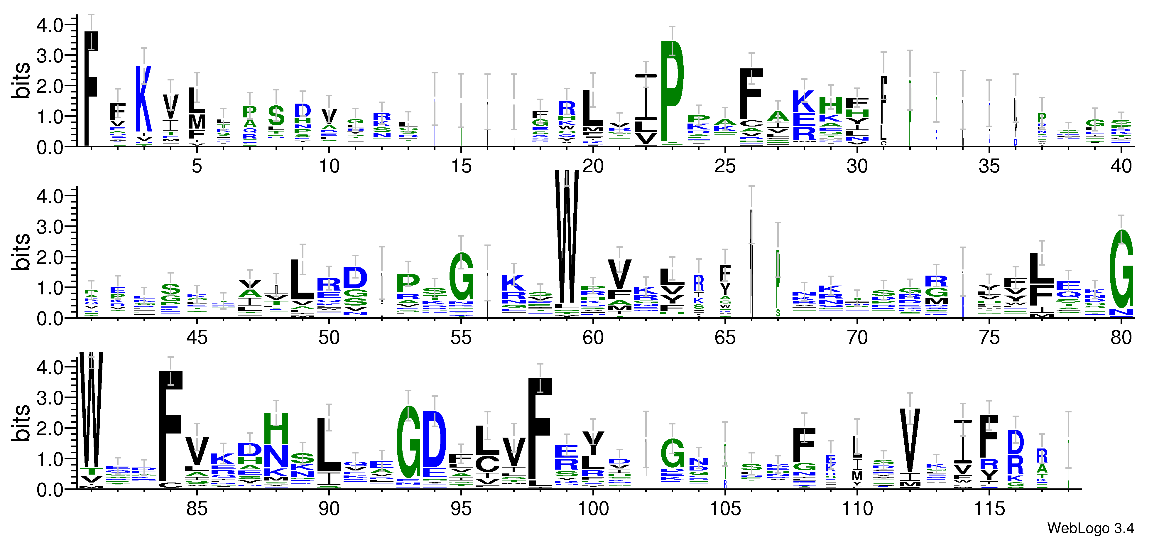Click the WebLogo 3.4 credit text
[1090, 528]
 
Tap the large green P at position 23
[672, 90]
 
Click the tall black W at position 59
[566, 235]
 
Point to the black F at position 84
[170, 425]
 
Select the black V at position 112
[910, 441]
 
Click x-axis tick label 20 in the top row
[593, 167]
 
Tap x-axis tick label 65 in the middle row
[725, 338]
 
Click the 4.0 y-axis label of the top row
[50, 25]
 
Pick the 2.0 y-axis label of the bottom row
[50, 429]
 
